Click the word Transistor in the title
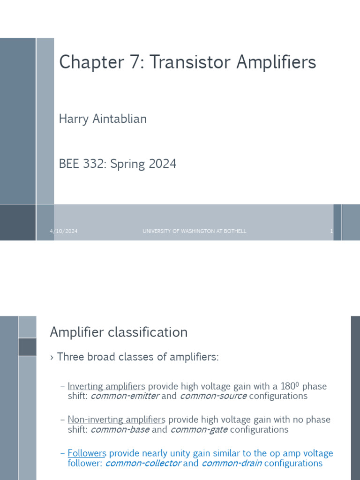pos(190,62)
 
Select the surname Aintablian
pos(119,119)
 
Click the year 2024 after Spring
pos(162,164)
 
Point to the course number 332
pos(91,164)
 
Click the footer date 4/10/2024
pos(64,231)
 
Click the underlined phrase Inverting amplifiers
pos(106,387)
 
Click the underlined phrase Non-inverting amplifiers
pos(116,420)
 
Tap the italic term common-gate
pos(199,429)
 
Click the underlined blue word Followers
pos(87,453)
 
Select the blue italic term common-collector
pos(143,463)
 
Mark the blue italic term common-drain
pos(232,463)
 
